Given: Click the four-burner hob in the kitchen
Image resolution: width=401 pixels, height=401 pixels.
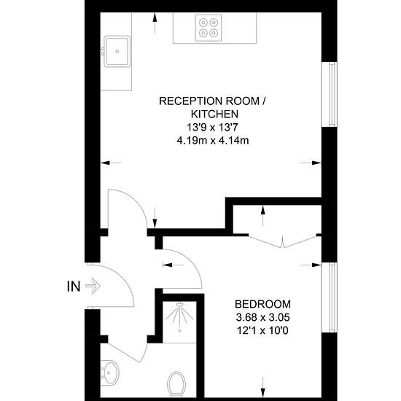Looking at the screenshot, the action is [209, 28].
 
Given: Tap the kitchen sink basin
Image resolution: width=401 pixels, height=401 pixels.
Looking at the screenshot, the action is [117, 52].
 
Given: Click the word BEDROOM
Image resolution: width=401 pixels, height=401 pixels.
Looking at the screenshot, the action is [262, 304].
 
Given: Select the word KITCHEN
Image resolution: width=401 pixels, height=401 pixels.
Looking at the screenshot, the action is [215, 114].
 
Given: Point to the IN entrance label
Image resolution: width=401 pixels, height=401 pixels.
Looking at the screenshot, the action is [74, 287].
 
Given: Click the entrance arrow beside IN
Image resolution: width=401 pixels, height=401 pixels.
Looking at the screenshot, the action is [93, 286].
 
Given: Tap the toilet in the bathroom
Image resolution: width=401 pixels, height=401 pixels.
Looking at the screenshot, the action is [176, 384].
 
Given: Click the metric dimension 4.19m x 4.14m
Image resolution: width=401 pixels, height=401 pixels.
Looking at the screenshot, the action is [213, 141].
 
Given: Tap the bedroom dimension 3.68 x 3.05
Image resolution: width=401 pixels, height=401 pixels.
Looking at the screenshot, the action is [262, 318].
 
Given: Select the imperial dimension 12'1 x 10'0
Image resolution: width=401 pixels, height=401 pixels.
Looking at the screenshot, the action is [262, 331].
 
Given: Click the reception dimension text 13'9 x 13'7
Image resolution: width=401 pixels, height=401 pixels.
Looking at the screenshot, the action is [213, 128].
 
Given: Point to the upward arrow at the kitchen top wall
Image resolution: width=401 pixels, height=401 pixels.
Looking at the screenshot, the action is [155, 23].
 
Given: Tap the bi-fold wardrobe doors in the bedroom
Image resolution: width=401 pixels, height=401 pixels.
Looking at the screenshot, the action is [282, 241].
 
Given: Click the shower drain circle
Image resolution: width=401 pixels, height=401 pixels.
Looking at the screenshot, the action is [180, 331].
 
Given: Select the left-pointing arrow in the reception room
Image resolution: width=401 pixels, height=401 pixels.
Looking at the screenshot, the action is [111, 163].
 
